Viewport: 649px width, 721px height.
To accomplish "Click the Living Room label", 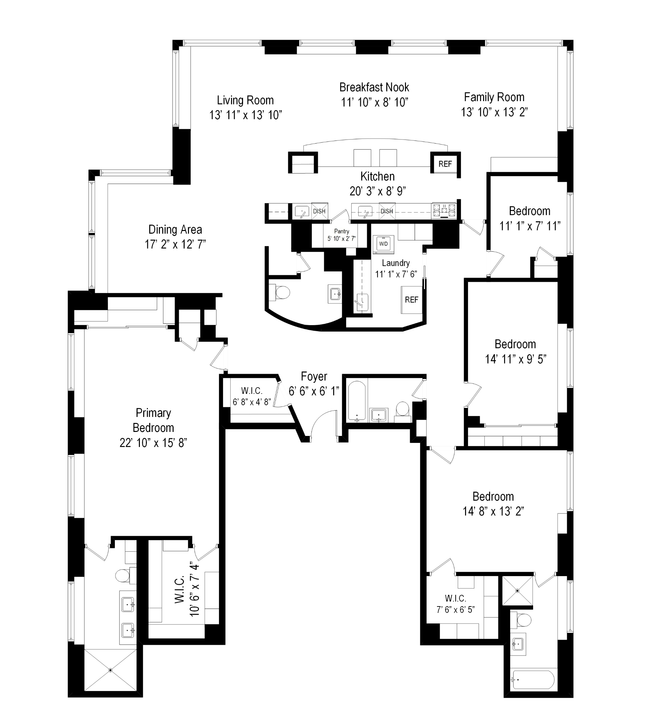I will (x=245, y=100).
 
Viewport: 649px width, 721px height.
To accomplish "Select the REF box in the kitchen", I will (x=445, y=164).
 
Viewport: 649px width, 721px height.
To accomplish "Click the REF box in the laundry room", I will (x=411, y=300).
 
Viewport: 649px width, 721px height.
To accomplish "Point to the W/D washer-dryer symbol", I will (x=383, y=244).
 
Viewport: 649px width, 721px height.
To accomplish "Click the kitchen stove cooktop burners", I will (x=444, y=210).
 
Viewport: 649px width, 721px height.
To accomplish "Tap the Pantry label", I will (x=341, y=231).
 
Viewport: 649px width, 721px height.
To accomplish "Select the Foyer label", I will (x=314, y=377).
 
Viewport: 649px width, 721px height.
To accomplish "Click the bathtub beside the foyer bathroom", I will (x=357, y=401).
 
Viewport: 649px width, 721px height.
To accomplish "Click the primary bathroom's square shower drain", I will (x=111, y=670).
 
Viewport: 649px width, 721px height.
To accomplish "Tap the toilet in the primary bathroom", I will (x=124, y=575).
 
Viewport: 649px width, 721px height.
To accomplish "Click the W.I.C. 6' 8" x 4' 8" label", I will (x=252, y=397).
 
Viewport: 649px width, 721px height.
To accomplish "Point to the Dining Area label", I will (x=175, y=230).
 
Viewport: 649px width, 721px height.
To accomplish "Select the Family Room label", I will (x=494, y=97).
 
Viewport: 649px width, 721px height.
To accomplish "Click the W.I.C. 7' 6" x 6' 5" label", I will (x=455, y=604).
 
